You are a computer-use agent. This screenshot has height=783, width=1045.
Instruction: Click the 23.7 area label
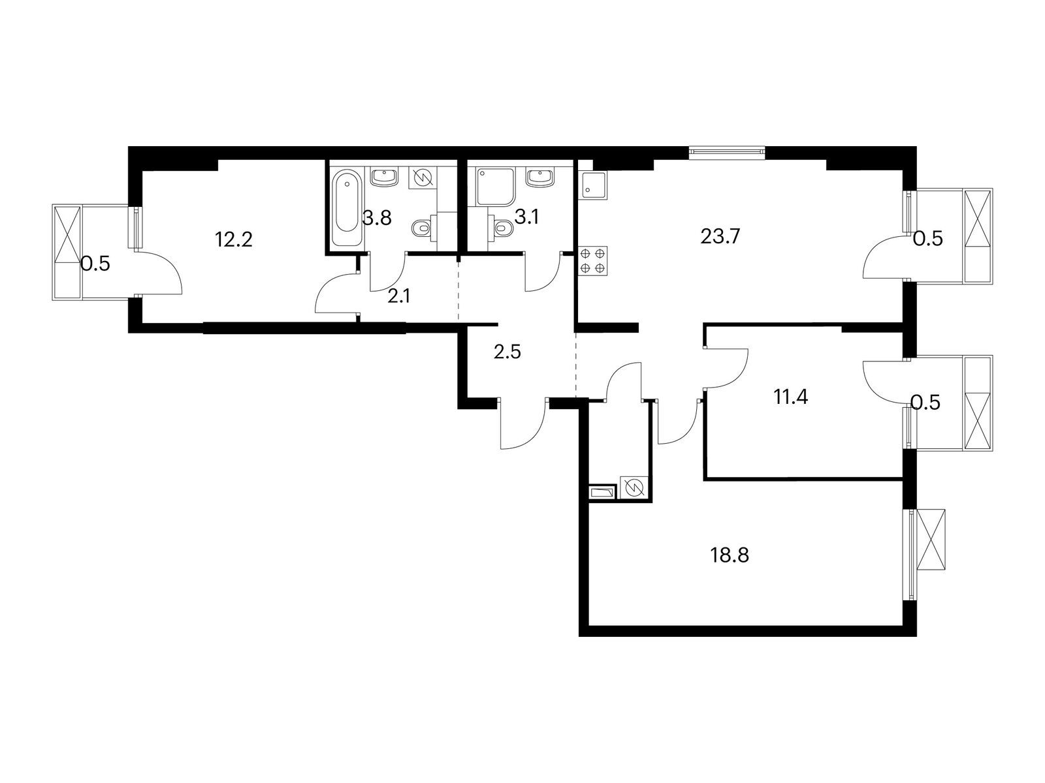coord(719,236)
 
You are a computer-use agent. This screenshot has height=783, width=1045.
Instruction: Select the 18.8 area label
coord(729,555)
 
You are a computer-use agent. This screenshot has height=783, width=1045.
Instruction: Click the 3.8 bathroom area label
coord(377,218)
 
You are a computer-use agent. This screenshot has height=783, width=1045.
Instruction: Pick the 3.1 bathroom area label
coord(526,217)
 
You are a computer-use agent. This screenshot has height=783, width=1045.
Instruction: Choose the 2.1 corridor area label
coord(398,297)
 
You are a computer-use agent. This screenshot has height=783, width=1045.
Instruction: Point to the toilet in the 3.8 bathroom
coord(421,228)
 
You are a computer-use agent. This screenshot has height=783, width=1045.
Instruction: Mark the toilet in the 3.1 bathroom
coord(503,228)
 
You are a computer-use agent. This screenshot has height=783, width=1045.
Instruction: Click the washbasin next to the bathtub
coord(385,177)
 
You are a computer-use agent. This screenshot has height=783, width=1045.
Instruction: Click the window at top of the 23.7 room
coord(727,152)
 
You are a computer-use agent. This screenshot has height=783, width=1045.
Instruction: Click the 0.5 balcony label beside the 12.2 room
coord(95,264)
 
